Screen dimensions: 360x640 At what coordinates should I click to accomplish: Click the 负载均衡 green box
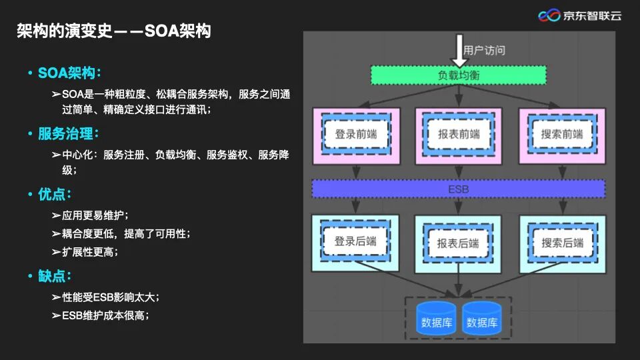coord(459,75)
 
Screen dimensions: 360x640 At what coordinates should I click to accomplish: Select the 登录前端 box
coord(355,135)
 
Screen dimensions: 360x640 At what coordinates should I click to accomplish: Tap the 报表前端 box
coord(459,135)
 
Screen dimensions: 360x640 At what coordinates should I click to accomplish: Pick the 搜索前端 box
coord(562,135)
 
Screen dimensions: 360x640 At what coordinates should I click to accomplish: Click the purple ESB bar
coord(459,189)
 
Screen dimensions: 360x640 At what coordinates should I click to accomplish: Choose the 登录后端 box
coord(355,241)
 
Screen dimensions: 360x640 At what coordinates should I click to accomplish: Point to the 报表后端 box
coord(459,243)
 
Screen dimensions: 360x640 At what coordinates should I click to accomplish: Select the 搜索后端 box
coord(562,243)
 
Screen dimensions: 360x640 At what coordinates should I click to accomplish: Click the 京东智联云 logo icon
coord(549,15)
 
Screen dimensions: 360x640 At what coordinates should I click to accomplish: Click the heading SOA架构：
coord(70,73)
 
